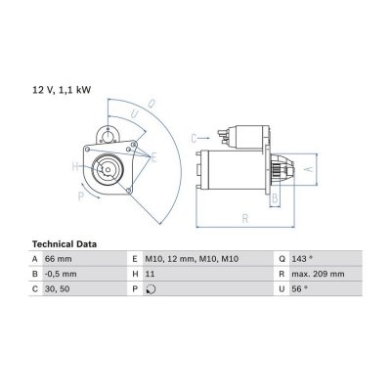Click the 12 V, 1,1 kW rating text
click(62, 90)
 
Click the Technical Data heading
click(65, 244)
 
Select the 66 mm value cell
click(58, 259)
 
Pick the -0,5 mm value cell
click(61, 274)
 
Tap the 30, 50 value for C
click(57, 289)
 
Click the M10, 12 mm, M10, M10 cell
click(192, 259)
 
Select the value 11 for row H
click(150, 274)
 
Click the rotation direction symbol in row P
click(151, 289)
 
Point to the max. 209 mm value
click(318, 274)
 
